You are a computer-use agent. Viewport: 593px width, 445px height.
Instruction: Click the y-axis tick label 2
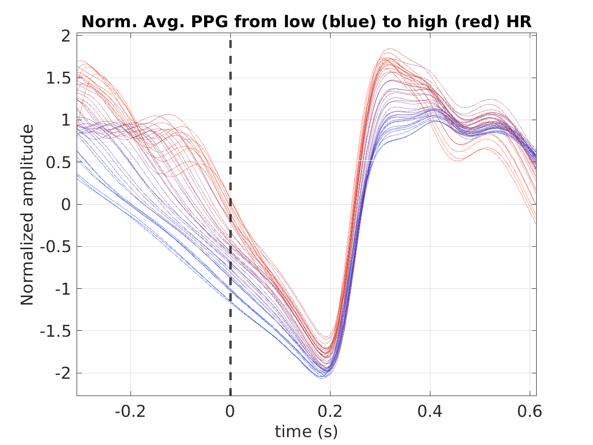66,36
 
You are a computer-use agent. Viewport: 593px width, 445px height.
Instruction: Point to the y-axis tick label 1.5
58,78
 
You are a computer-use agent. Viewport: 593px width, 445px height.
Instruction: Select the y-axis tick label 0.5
58,163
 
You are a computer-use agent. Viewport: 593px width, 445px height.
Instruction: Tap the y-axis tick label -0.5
55,247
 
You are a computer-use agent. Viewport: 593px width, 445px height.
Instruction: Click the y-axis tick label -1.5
55,331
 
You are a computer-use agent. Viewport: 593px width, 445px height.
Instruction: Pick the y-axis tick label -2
63,373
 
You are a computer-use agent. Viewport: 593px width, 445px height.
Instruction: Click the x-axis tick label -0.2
130,411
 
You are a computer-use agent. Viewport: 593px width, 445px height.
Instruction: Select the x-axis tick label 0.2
330,411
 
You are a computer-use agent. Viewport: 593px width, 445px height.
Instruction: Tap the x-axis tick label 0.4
430,411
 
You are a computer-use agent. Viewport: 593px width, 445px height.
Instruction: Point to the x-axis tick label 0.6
530,411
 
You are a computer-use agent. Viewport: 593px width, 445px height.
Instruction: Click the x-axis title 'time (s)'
306,432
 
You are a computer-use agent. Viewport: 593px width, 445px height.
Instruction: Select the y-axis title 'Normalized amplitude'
27,215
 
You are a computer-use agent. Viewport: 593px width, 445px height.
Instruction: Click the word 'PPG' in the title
210,22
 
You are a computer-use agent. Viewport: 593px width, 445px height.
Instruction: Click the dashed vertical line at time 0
230,218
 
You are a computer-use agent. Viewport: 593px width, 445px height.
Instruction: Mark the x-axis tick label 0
230,411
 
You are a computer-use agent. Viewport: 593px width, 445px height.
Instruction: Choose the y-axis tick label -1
63,289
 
